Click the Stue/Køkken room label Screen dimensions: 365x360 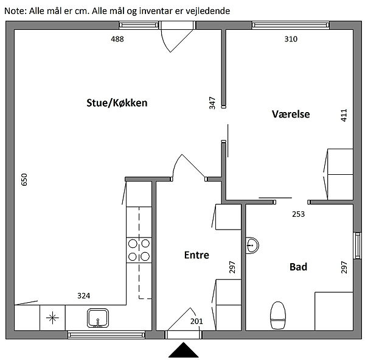(117, 103)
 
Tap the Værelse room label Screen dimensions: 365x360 (291, 114)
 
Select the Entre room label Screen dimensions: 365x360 (196, 255)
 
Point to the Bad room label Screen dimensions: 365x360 (298, 267)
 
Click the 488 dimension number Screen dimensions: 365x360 (117, 39)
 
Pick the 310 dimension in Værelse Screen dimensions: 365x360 (291, 39)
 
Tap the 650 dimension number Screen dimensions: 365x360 (24, 180)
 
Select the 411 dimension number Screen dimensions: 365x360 (344, 115)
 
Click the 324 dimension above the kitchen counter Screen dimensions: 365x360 (83, 295)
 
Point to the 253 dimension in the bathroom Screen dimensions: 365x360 (298, 214)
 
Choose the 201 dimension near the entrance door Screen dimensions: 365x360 (196, 321)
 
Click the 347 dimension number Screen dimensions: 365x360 (212, 103)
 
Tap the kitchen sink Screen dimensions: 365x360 (98, 318)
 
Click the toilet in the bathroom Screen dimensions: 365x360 (278, 316)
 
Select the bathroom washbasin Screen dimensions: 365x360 (252, 245)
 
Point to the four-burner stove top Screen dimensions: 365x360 (139, 250)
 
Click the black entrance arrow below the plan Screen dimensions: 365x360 (184, 350)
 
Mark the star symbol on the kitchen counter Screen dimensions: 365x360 (52, 317)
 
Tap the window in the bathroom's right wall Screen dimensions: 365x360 (357, 245)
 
